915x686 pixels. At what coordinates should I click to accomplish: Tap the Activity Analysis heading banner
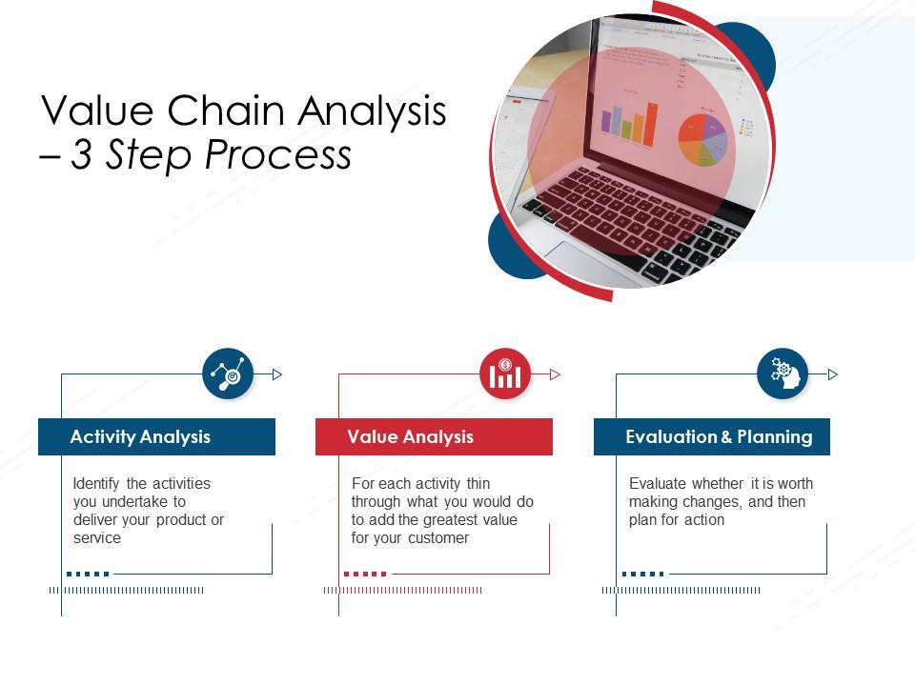tap(156, 436)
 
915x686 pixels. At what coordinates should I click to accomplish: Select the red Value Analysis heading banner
tap(434, 436)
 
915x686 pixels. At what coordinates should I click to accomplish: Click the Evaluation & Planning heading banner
tap(712, 436)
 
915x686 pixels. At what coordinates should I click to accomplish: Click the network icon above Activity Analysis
tap(228, 373)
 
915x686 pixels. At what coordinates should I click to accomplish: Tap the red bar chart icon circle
tap(505, 373)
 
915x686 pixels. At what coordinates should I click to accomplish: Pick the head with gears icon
tap(783, 373)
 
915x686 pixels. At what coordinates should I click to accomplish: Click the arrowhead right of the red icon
tap(556, 374)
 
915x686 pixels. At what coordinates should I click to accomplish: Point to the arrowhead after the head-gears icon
tap(833, 374)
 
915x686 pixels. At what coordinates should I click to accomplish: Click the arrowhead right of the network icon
tap(277, 374)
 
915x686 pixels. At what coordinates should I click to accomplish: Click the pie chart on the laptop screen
tap(702, 139)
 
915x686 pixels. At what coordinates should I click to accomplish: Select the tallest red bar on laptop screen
tap(652, 123)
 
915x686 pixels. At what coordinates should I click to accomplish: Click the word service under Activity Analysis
tap(97, 538)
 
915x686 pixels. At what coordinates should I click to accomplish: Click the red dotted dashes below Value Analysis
tap(365, 574)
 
